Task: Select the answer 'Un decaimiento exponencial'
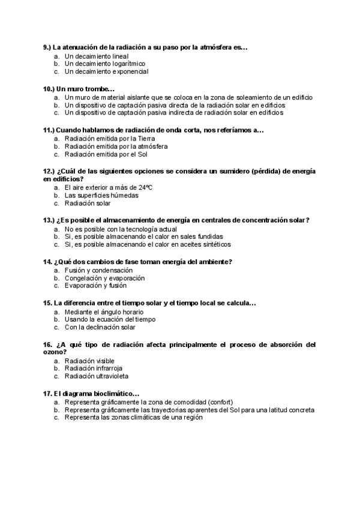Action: coord(106,71)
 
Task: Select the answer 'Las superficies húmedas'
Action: coord(101,195)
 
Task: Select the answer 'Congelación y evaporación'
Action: coord(104,278)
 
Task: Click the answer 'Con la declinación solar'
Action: coord(100,327)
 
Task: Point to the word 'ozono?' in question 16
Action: coord(53,353)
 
